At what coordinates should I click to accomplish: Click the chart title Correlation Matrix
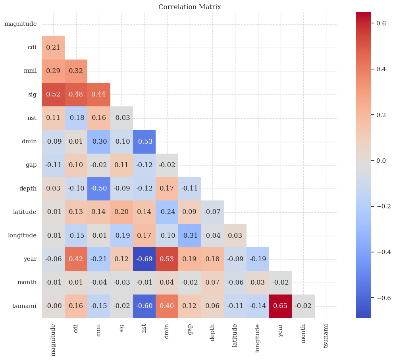[189, 7]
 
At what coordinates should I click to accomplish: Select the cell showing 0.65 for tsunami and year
[280, 306]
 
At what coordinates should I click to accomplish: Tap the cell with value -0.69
[144, 259]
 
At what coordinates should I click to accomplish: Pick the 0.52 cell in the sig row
[53, 94]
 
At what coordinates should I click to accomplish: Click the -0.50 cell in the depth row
[98, 189]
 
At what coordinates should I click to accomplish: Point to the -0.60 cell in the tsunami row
[144, 306]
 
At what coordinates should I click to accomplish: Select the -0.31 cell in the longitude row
[189, 235]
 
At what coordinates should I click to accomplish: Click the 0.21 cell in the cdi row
[53, 47]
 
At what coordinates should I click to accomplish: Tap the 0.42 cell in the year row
[76, 259]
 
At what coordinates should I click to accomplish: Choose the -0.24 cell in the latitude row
[167, 212]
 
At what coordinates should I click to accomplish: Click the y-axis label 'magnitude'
[21, 24]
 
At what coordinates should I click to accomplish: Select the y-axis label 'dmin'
[29, 141]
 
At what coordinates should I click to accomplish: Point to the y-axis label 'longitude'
[22, 235]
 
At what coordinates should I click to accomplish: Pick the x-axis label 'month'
[303, 333]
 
